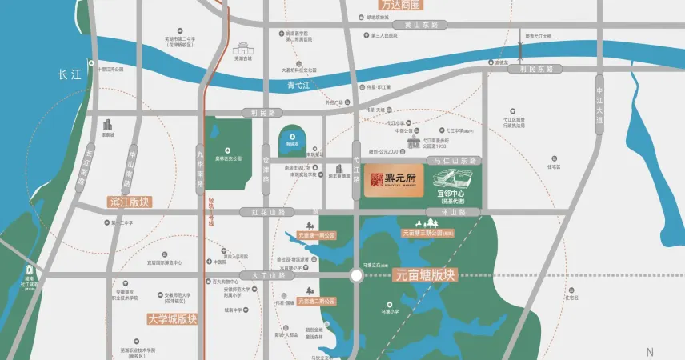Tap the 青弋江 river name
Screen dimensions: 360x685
[302, 83]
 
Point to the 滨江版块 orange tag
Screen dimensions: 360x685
[129, 202]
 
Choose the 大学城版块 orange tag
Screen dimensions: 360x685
[172, 318]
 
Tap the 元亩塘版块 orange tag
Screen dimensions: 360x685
[424, 274]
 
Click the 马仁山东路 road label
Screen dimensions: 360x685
[454, 161]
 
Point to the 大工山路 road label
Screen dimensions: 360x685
[267, 275]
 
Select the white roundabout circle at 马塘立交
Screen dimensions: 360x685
[355, 275]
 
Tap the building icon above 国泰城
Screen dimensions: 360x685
[106, 124]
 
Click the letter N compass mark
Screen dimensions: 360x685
[650, 352]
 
